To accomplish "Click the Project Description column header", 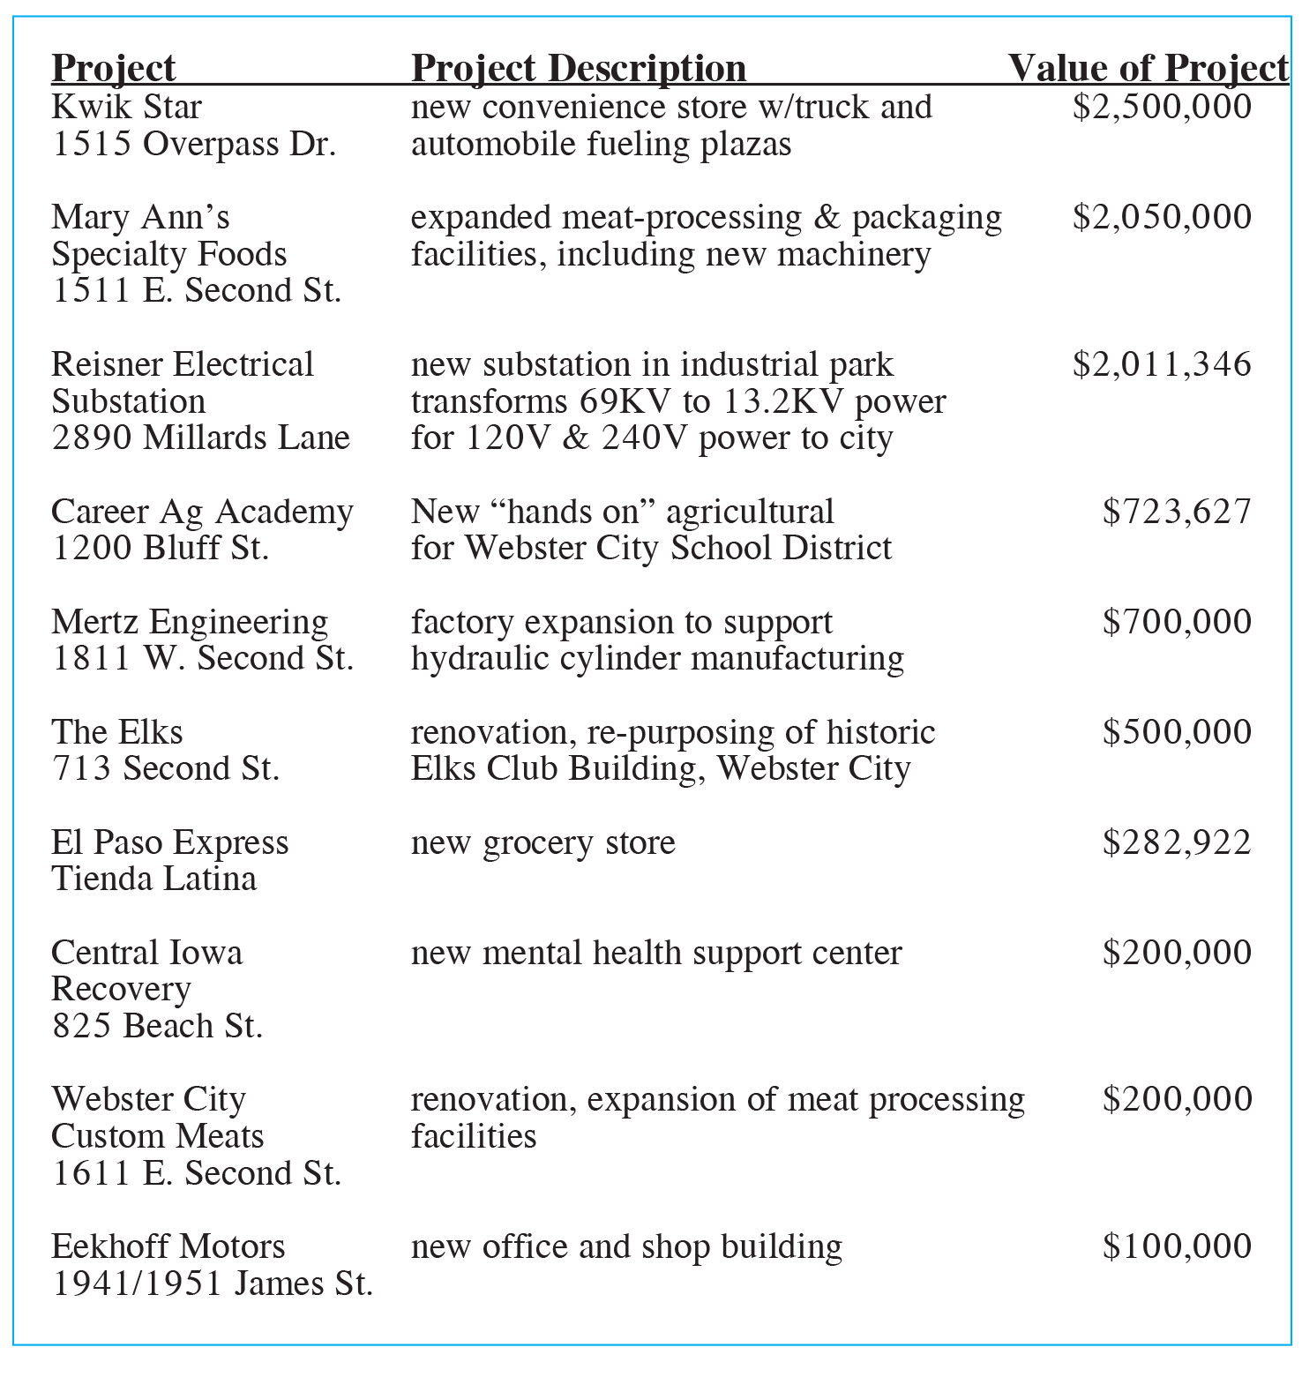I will pos(579,68).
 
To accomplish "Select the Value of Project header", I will pos(1148,68).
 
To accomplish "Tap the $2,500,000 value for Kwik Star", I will pos(1162,107).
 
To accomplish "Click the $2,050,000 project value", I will pos(1162,217).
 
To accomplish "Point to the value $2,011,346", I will pos(1162,364).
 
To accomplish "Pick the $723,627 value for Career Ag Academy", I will pos(1177,512).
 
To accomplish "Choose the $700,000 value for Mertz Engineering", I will pos(1177,622).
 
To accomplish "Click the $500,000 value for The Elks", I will pos(1177,732).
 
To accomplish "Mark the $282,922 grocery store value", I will pos(1177,842).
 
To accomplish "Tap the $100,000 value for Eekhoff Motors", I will pos(1177,1246).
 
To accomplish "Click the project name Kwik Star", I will pos(126,107).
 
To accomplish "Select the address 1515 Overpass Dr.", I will pos(194,144).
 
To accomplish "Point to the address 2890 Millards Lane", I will pos(200,438).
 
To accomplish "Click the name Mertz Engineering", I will pos(190,622).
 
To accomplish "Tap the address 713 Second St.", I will pos(166,768).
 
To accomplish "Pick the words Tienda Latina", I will pos(154,879).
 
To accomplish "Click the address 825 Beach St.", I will pos(157,1026).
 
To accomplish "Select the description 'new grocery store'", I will pos(542,842).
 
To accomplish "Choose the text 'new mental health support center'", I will pos(656,953).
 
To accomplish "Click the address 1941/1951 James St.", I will pos(213,1283).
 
